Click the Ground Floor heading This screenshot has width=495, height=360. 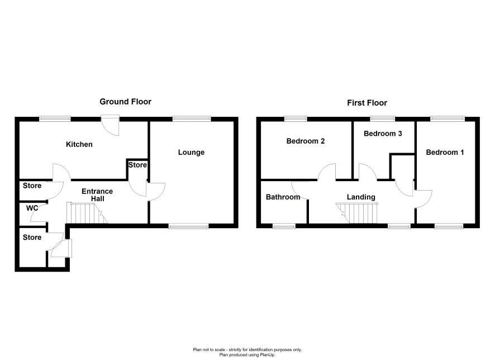pos(125,102)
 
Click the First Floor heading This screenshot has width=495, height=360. pos(367,103)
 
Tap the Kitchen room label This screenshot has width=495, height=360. pos(79,144)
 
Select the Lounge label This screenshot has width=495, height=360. pos(191,153)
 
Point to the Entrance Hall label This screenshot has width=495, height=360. pos(97,195)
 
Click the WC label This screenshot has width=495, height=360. pos(32,208)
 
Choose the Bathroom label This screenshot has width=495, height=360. pos(283,197)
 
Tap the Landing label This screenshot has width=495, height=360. pos(361,197)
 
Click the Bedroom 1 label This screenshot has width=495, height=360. pos(445,153)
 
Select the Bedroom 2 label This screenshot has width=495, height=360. pos(305,141)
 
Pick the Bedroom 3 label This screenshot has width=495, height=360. pos(383,134)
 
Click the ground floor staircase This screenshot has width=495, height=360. pos(87,213)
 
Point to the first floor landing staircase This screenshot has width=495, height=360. pos(357,213)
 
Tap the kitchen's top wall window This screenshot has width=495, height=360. pos(55,119)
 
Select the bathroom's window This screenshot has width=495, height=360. pos(284,226)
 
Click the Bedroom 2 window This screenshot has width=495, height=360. pos(296,119)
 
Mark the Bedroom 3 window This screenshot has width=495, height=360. pos(382,119)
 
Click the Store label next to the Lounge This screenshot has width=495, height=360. pos(137,165)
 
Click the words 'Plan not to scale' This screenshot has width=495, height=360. pos(209,349)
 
